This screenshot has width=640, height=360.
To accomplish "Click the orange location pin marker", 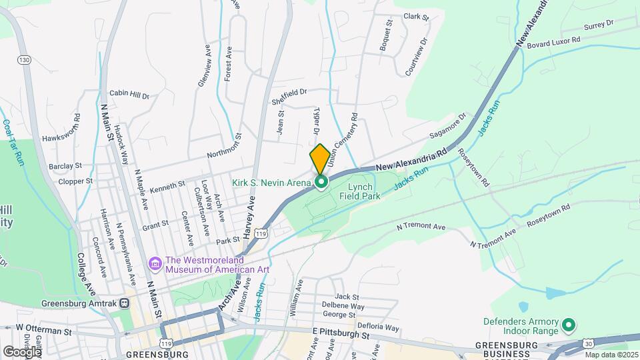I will point(319,158).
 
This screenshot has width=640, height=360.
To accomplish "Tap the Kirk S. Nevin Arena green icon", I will point(321,182).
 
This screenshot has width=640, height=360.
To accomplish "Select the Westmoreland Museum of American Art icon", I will point(156,265).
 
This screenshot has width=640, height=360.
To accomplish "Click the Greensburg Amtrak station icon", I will point(125,303).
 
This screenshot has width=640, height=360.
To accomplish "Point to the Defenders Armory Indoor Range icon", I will point(568,326).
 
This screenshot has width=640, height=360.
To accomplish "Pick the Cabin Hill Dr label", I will point(129,95).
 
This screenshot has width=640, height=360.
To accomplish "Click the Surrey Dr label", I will point(598,25).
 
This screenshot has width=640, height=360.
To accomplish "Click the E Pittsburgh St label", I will point(341,331).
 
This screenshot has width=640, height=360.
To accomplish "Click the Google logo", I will point(22,351).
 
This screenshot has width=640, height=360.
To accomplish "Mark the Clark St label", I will point(414,16).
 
